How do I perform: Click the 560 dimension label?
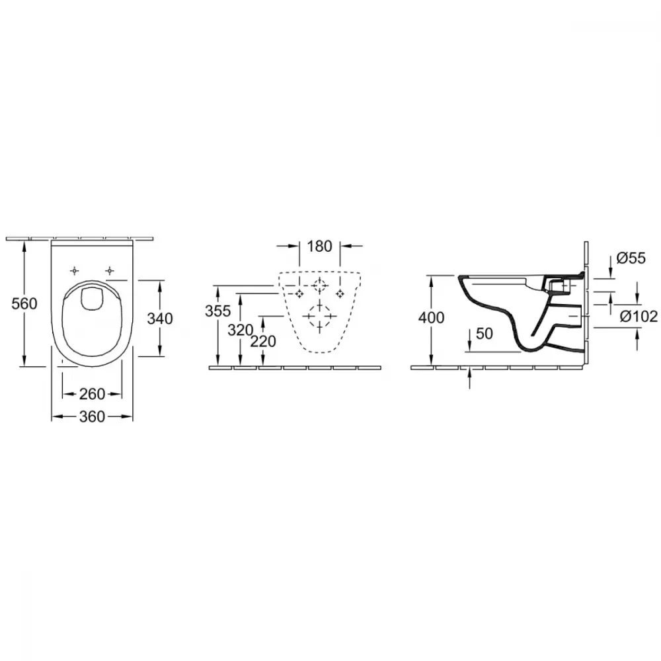tap(24, 303)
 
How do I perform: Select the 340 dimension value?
tap(160, 319)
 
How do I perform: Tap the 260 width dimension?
tap(92, 394)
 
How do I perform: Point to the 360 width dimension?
tap(92, 416)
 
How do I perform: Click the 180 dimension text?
tap(319, 246)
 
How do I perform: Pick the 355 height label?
tap(218, 311)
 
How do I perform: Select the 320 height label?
tap(241, 330)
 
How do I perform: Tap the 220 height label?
tap(263, 341)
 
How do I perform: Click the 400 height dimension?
tap(431, 317)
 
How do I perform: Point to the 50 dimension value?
tap(485, 333)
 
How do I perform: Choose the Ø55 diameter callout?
tap(631, 258)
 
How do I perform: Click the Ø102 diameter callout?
tap(639, 316)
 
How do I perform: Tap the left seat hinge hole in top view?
tap(75, 270)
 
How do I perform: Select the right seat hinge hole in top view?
tap(110, 270)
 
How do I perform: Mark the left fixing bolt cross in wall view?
tap(299, 293)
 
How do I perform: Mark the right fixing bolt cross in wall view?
tap(340, 293)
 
